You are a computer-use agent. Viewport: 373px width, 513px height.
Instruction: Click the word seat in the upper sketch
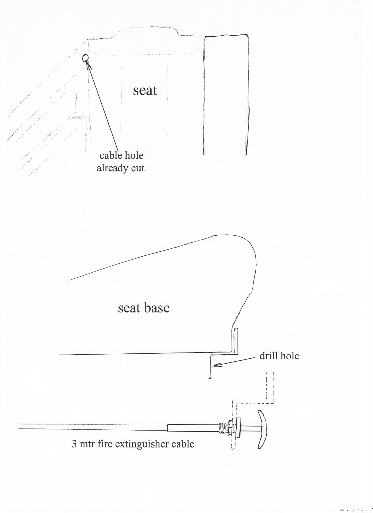pos(145,90)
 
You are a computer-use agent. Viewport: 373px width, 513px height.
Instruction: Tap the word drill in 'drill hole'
pos(269,356)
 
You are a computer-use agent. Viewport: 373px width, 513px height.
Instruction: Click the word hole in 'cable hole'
pos(134,155)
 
